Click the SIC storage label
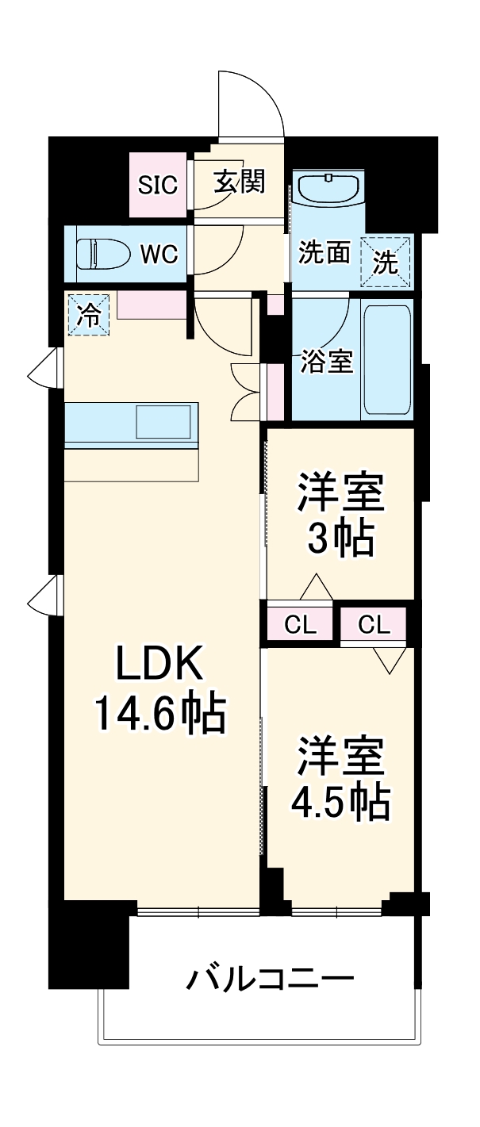coord(159,185)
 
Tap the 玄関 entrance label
coord(238,182)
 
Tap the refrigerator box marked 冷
coord(88,315)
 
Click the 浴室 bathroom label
coord(326,362)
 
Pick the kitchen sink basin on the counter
coord(163,422)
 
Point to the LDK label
coord(161,665)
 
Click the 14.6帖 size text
coord(161,712)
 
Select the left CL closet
coord(301,625)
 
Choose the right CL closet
coord(374,625)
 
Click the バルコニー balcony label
coord(270,979)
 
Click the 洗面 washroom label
coord(324,253)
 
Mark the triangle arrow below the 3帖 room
coord(316,587)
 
